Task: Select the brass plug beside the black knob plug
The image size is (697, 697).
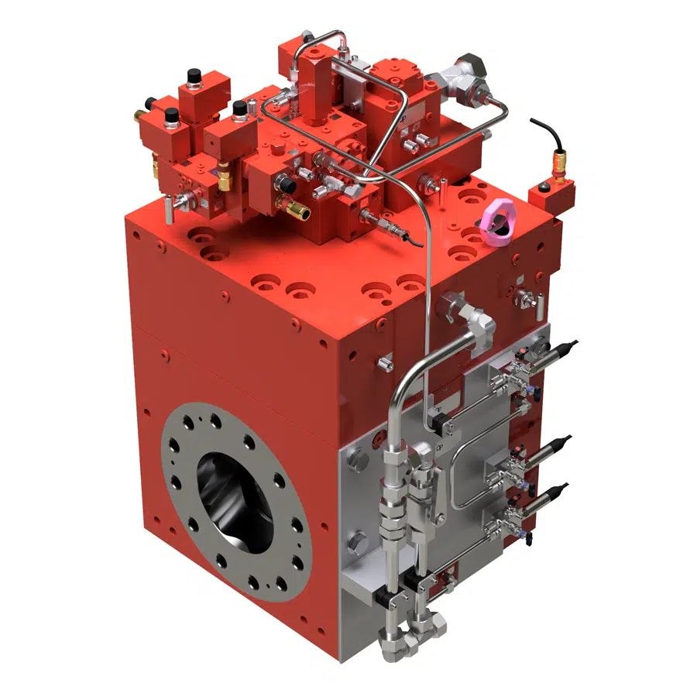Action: pos(299,210)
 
